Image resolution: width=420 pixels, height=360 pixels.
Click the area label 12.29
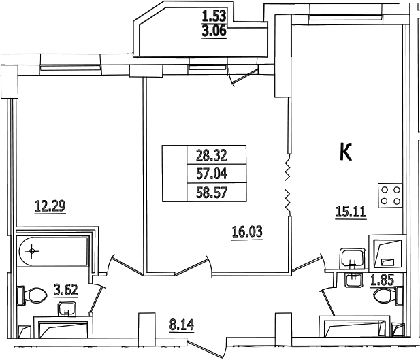point(50,206)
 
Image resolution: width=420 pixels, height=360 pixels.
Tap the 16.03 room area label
point(247,232)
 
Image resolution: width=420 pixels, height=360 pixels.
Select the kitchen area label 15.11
point(351,212)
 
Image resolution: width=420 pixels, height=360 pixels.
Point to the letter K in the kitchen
point(346,152)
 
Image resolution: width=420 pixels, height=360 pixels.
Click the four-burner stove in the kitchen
point(390,195)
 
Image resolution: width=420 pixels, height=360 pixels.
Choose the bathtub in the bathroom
point(53,251)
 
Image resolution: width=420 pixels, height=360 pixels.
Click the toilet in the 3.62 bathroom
point(31,295)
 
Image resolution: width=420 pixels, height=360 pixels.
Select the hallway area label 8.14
point(181,325)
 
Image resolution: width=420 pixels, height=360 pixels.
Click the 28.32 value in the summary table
point(212,155)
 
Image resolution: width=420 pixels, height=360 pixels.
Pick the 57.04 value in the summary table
point(212,174)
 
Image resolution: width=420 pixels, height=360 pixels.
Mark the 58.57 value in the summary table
point(212,193)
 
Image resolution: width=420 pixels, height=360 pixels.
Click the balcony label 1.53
point(214,16)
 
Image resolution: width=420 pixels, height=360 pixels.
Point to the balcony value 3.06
point(214,31)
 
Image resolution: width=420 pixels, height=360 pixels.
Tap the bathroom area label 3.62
point(65,290)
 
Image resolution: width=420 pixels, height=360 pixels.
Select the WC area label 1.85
point(383,281)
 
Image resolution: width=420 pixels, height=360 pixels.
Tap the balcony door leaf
point(245,76)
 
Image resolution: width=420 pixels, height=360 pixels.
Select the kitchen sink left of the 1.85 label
point(352,259)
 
